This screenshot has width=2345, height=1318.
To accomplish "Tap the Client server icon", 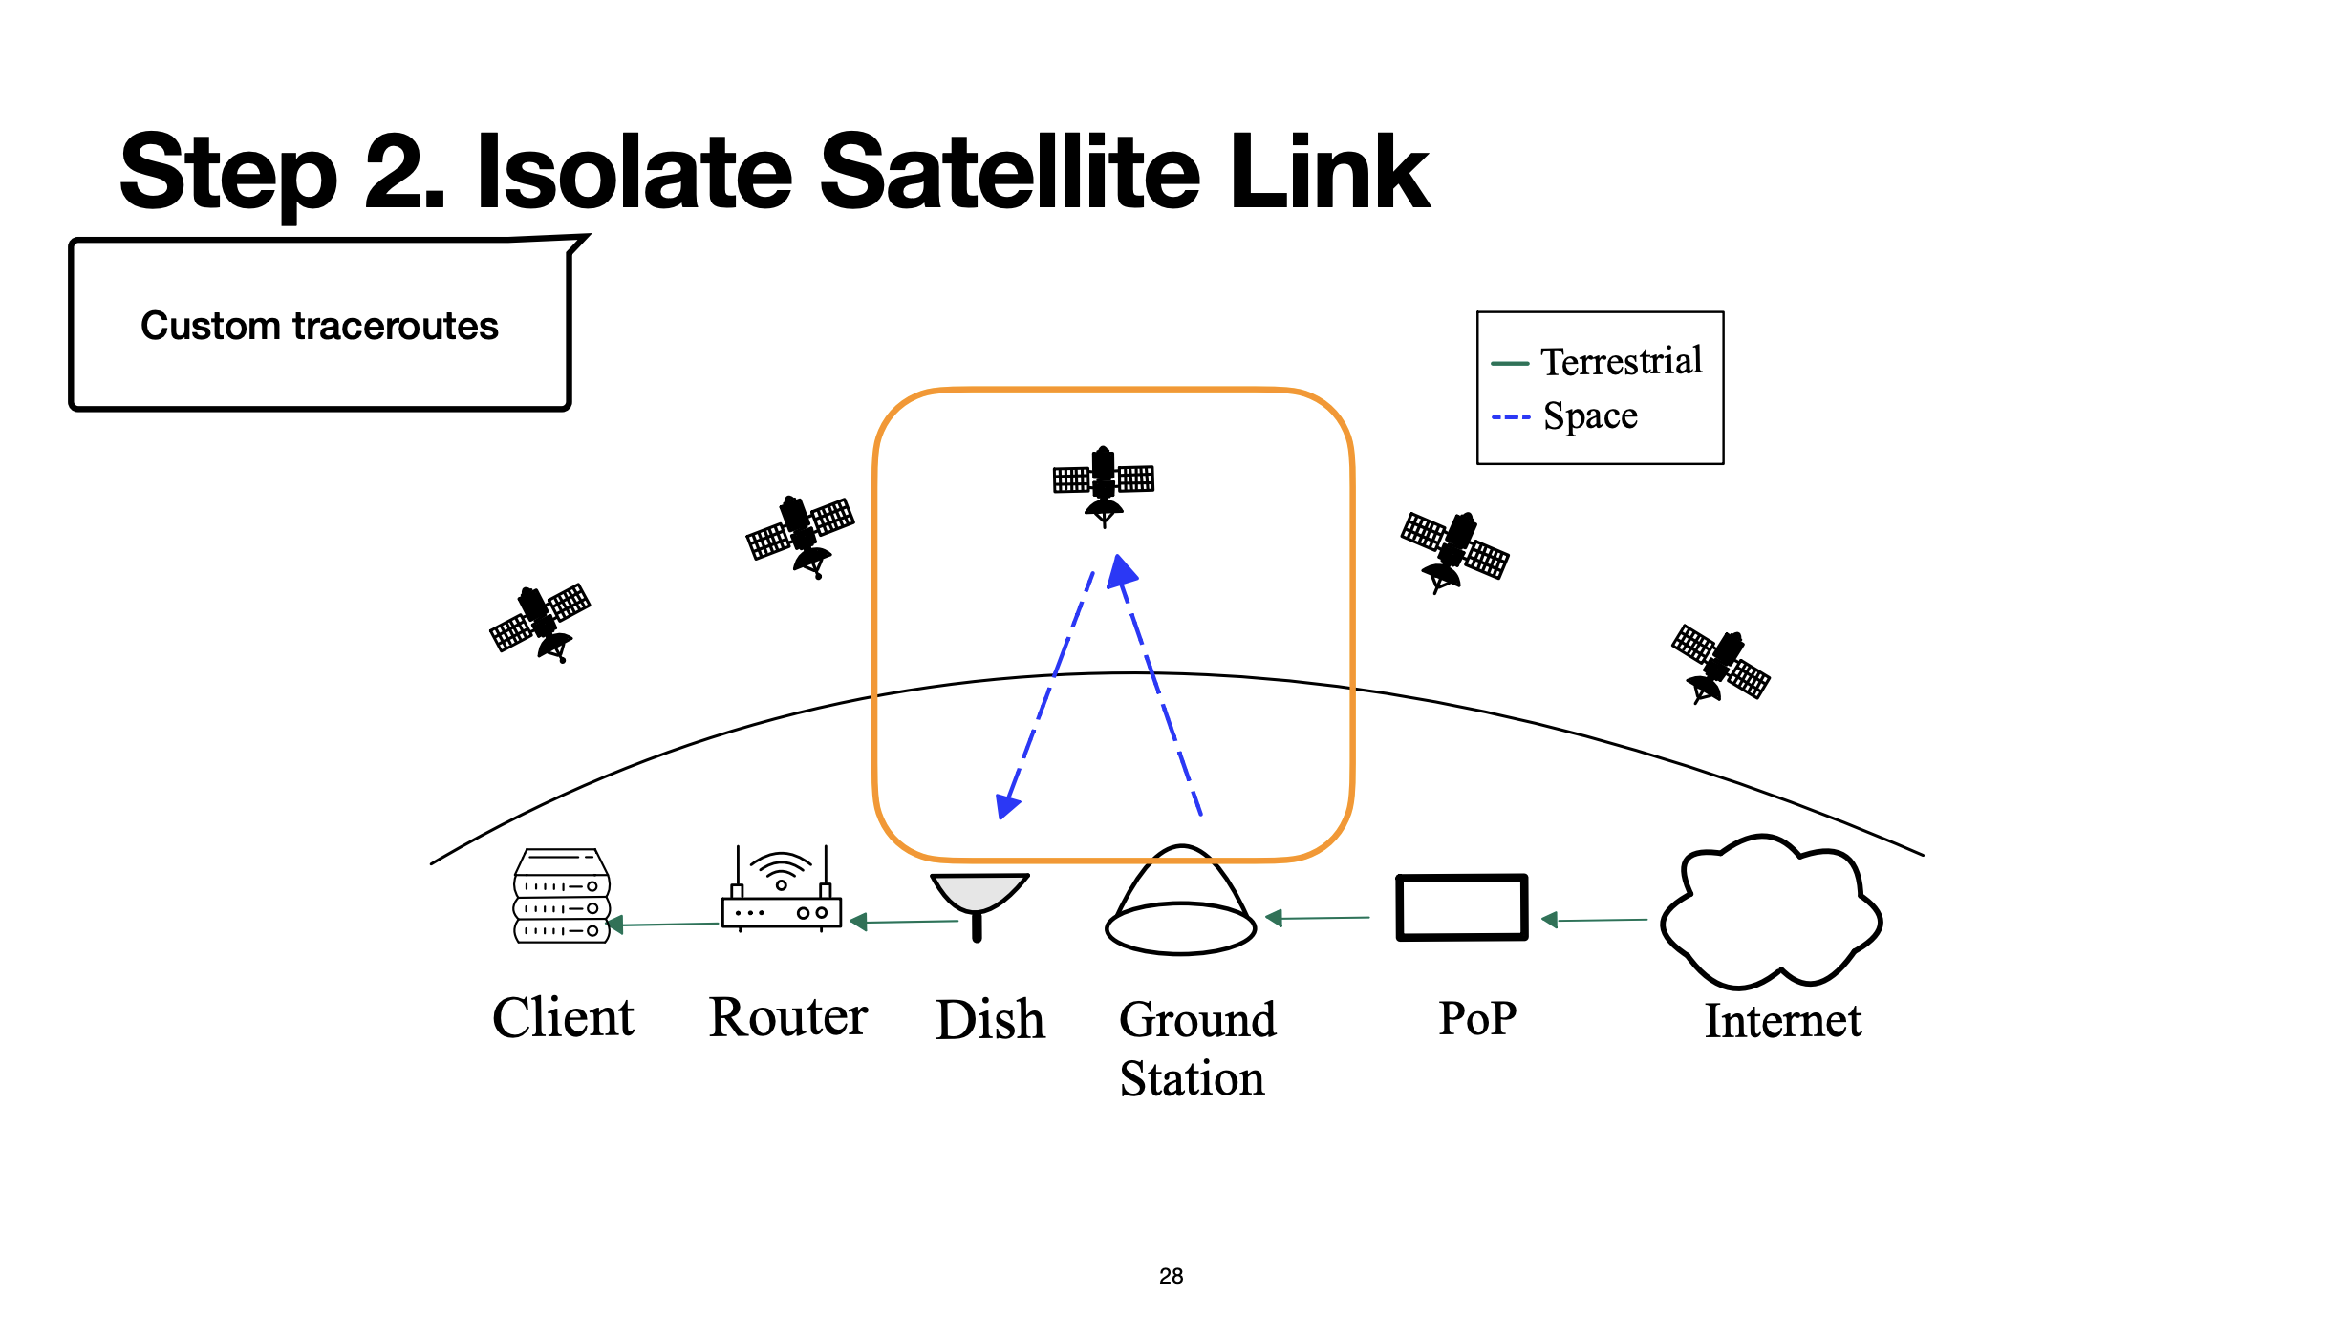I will coord(562,896).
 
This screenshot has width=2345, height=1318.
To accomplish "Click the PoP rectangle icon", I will coord(1461,907).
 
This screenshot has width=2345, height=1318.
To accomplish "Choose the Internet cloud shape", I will coord(1771,912).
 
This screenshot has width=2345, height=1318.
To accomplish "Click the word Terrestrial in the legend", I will coord(1621,362).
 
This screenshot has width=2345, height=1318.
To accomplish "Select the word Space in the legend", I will coord(1590,416).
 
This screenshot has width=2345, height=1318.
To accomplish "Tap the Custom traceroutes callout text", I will coord(319,326).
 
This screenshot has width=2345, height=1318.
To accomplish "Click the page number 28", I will coord(1171,1276).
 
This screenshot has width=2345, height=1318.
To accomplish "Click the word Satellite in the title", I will coord(1009,173).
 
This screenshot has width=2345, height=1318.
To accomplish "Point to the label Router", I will coord(788,1017).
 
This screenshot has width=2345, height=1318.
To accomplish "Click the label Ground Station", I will coord(1195,1049).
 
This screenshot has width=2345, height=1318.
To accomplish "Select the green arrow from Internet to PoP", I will coord(1594,920).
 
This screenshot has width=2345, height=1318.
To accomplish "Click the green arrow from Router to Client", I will coord(663,924).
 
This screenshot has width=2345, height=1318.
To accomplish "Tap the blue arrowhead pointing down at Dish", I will coord(1006,806).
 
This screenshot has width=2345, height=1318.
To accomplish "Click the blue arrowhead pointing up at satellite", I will coord(1122,570).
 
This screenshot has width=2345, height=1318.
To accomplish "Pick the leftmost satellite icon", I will coord(541,622).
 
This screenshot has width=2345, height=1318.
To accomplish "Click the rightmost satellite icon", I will coord(1721,665).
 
